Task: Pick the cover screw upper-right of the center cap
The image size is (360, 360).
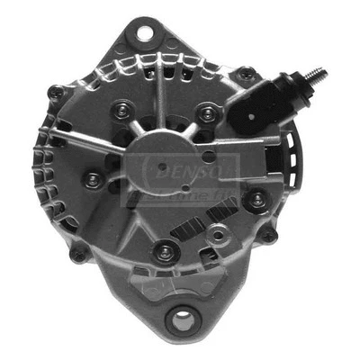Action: pos(209,112)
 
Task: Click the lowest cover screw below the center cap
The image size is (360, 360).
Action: pos(164,253)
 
